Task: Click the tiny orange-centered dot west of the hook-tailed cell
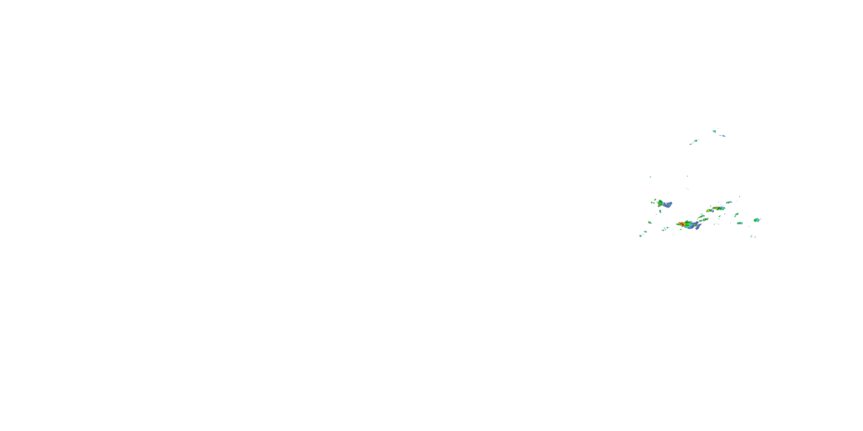tap(652, 203)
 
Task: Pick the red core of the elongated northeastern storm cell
tap(716, 208)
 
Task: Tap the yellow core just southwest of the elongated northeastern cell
tap(709, 211)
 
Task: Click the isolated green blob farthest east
tap(757, 220)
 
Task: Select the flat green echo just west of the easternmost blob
tap(740, 223)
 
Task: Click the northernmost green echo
tap(714, 131)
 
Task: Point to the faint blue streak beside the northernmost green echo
tap(723, 136)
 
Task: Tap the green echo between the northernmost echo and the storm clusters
tap(696, 141)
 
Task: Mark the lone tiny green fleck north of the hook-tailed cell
tap(650, 177)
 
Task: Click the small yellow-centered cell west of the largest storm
tap(650, 222)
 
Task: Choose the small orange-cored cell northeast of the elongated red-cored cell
tap(729, 203)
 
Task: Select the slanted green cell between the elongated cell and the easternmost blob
tap(737, 215)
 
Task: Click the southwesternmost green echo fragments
tap(641, 236)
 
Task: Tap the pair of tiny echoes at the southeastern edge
tap(753, 236)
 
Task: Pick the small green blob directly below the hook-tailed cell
tap(660, 211)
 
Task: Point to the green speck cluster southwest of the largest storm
tap(665, 229)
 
